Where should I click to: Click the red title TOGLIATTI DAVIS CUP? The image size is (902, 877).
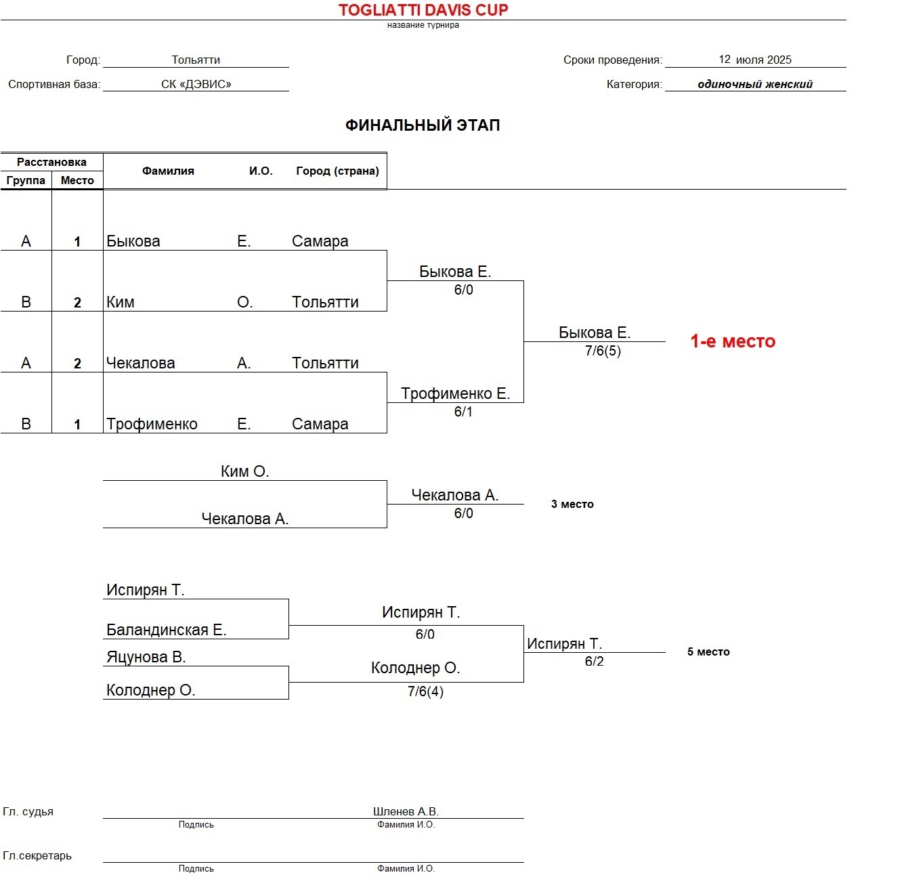click(423, 10)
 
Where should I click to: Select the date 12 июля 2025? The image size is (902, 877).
click(755, 60)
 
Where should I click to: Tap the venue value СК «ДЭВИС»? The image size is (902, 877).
click(196, 84)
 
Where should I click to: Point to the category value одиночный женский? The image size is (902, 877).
click(755, 84)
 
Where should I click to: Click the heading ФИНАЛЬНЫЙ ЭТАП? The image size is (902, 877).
click(423, 125)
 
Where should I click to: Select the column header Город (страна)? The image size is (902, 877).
click(337, 171)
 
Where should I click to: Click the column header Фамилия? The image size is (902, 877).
click(168, 171)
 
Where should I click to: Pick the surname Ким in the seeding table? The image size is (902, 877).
click(121, 302)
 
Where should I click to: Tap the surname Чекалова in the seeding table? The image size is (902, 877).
click(141, 363)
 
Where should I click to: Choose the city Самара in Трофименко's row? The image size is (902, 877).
click(320, 424)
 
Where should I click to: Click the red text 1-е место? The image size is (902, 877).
click(733, 341)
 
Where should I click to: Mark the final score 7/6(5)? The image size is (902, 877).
click(603, 351)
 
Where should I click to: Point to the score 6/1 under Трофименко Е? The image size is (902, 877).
click(463, 412)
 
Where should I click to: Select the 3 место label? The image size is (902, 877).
click(572, 504)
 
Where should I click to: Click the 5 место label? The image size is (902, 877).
click(708, 651)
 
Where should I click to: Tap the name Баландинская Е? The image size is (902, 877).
click(166, 630)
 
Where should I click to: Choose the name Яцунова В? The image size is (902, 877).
click(146, 657)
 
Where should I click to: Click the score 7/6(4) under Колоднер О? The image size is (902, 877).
click(425, 691)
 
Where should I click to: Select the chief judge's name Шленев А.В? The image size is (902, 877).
click(406, 811)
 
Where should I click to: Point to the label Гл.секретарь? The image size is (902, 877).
click(37, 855)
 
